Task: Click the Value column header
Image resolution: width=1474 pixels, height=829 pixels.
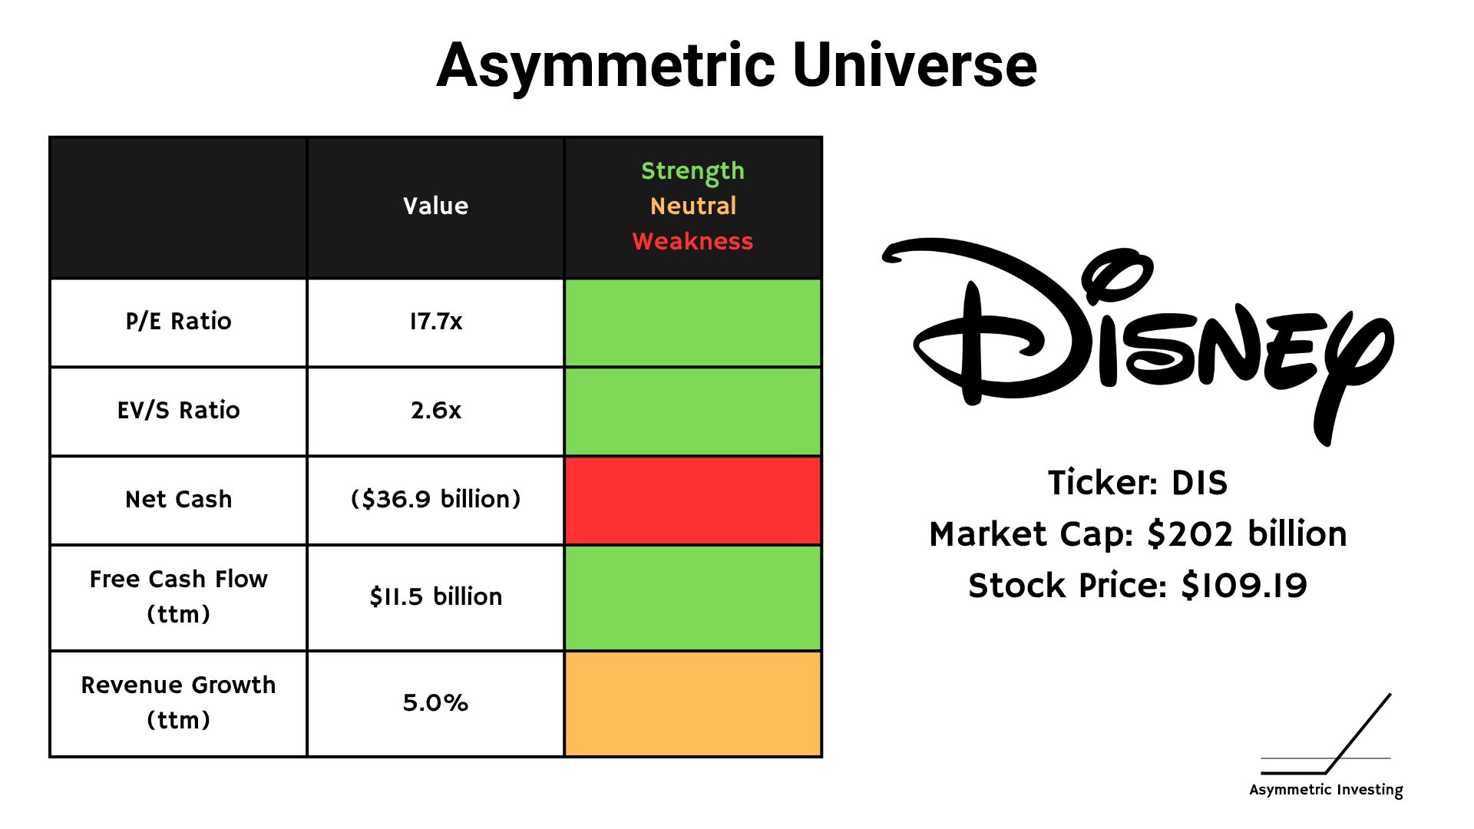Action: click(435, 206)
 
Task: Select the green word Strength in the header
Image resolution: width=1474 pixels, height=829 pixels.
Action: click(692, 171)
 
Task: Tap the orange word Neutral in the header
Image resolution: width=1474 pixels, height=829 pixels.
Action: click(692, 206)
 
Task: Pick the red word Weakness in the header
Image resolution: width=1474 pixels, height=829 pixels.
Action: click(692, 241)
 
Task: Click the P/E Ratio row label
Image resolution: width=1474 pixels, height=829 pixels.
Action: click(178, 321)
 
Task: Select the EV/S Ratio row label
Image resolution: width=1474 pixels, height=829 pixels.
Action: click(178, 410)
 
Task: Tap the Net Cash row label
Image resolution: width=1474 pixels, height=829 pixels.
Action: click(178, 499)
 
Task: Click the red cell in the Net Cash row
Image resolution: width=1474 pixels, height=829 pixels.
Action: click(692, 500)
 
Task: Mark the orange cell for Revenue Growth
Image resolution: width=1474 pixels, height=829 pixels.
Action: click(692, 704)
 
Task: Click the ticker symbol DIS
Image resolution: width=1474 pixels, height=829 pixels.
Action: click(1199, 483)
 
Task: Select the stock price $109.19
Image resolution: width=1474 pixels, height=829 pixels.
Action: click(1244, 586)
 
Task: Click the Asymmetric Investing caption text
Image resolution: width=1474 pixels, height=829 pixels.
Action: click(1326, 790)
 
